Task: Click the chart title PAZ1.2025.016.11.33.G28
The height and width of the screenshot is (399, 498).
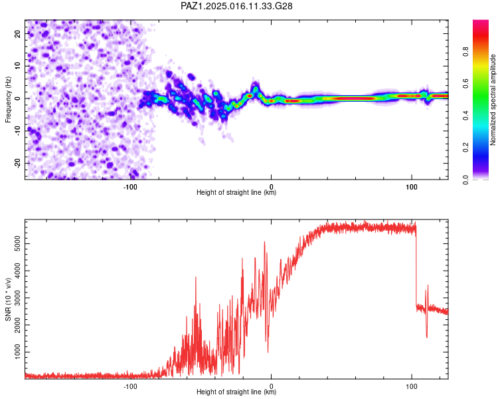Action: [237, 6]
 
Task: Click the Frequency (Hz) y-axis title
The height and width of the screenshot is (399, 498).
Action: [8, 98]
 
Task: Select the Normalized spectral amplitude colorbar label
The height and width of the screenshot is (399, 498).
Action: [493, 99]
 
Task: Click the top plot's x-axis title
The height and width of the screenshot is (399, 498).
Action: [236, 193]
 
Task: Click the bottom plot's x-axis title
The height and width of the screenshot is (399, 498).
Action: [236, 392]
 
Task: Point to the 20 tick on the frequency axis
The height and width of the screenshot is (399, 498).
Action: [18, 33]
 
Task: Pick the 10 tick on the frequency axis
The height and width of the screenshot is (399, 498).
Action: [18, 66]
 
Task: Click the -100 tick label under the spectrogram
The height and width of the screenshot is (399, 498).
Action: [130, 187]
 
